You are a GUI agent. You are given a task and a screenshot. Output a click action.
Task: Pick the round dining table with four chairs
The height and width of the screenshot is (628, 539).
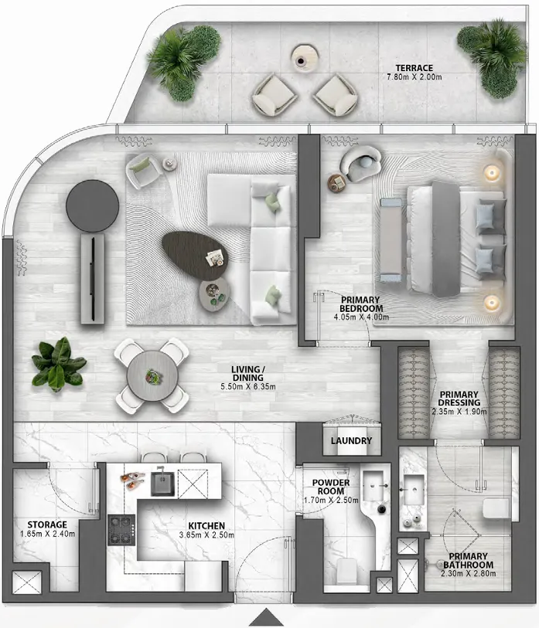[152, 374]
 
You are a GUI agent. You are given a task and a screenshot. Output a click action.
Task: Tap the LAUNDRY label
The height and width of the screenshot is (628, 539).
[351, 441]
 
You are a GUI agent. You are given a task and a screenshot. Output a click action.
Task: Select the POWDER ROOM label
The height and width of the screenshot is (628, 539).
[331, 488]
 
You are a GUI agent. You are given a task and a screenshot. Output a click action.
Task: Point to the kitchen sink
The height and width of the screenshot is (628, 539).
[161, 482]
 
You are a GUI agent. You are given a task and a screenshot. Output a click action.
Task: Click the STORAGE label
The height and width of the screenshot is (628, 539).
[47, 524]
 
